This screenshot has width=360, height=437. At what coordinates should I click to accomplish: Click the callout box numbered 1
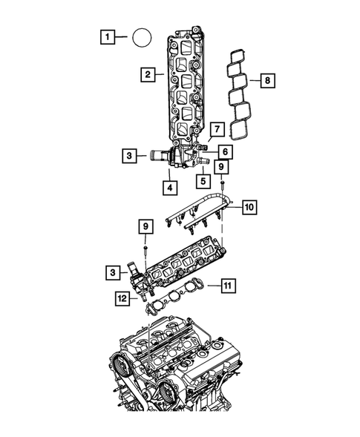pyautogui.click(x=108, y=36)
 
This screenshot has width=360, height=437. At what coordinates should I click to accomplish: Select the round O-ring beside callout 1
pyautogui.click(x=142, y=36)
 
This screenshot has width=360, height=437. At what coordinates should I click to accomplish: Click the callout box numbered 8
pyautogui.click(x=269, y=79)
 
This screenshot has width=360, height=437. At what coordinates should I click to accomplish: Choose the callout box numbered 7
pyautogui.click(x=217, y=129)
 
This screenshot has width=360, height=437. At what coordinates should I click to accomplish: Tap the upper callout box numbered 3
pyautogui.click(x=129, y=156)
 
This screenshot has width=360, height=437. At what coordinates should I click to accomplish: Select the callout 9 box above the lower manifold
pyautogui.click(x=146, y=224)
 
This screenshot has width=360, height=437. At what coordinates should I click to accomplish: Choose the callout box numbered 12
pyautogui.click(x=122, y=298)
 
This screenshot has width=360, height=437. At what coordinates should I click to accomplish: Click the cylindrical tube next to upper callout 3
pyautogui.click(x=157, y=157)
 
